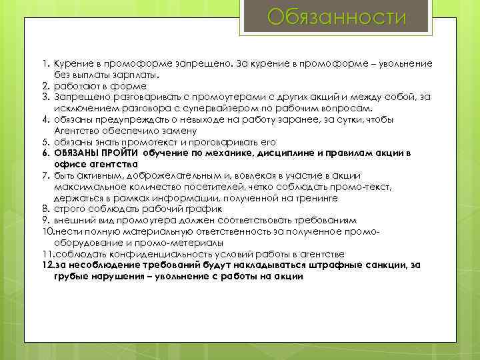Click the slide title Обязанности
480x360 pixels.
336,17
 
